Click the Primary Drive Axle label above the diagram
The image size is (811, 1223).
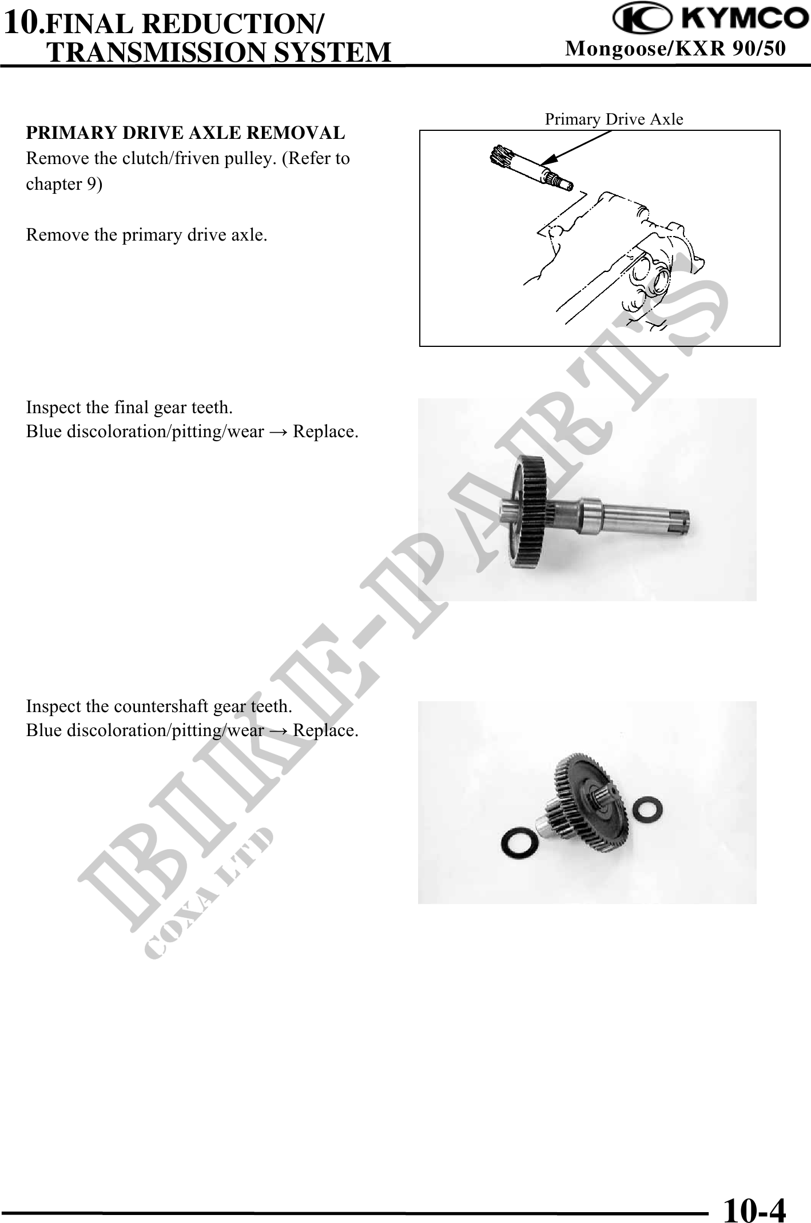coord(614,119)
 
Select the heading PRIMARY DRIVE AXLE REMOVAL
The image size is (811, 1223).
coord(185,133)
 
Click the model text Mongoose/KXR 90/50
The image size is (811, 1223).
coord(675,50)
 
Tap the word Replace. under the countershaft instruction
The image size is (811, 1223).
coord(326,730)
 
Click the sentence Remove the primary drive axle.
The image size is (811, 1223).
coord(147,235)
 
